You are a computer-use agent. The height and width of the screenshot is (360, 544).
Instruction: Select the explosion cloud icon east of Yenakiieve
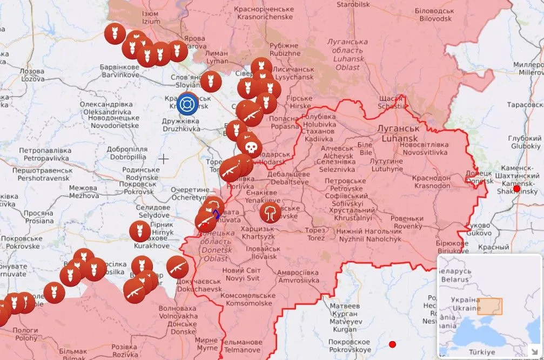[270, 212]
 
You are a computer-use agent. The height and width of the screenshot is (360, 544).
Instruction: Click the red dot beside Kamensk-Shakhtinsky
[516, 188]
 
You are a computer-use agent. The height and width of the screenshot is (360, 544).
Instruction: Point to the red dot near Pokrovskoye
[392, 344]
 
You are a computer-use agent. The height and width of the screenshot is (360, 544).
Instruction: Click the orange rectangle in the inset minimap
[489, 306]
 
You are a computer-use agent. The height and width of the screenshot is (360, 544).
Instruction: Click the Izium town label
[151, 17]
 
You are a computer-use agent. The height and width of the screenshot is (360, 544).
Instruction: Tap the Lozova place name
[32, 74]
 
